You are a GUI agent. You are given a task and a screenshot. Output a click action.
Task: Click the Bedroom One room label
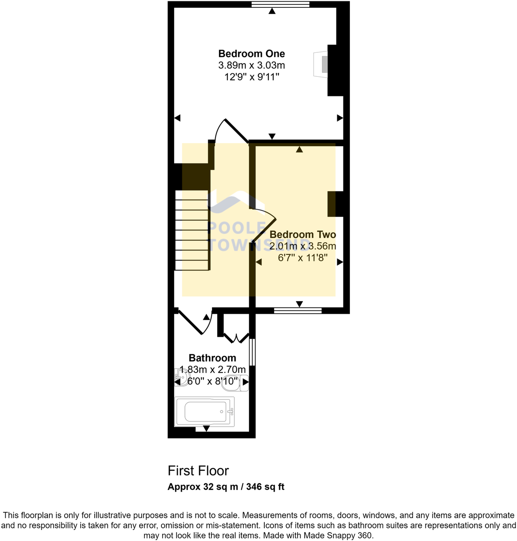point(251,54)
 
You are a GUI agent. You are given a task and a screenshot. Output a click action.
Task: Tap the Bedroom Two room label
point(303,234)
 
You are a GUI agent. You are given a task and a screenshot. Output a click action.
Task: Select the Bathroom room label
point(212,358)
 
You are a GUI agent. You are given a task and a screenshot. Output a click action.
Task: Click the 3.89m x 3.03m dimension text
point(251,65)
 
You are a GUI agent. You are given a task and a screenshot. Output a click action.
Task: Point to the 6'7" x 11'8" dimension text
point(303,257)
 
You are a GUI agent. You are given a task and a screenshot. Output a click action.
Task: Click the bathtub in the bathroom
point(205,411)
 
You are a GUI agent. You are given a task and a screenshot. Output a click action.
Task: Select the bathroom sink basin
point(182,375)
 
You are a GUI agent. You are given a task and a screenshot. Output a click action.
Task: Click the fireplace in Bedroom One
point(321,64)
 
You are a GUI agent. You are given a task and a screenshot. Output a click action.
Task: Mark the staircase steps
point(192,230)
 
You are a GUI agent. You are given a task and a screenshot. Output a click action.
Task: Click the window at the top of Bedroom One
point(281,4)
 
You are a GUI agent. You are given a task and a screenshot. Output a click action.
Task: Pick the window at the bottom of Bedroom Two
point(298,311)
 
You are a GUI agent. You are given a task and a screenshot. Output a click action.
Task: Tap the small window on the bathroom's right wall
point(252,352)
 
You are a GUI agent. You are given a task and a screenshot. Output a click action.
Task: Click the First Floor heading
point(198,471)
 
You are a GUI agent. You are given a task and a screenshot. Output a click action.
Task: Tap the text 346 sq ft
point(265,487)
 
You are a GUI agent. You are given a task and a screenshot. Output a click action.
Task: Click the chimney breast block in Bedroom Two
point(335,204)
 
